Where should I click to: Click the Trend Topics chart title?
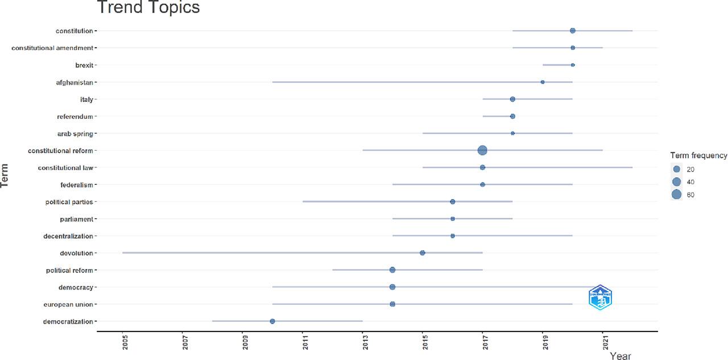pos(148,8)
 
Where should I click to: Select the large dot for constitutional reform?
pos(482,150)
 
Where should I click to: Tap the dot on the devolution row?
pos(422,253)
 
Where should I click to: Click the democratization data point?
pos(272,321)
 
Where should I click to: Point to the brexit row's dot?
pos(573,65)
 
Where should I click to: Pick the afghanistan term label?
pos(74,82)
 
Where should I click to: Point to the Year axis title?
pos(621,355)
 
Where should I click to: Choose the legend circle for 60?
pos(676,195)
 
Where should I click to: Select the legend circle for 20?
pos(676,169)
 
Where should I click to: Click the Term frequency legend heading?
pos(698,155)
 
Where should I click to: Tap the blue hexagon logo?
pos(600,297)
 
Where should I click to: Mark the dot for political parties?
pos(452,201)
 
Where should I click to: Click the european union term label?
pos(68,304)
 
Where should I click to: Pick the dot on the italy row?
pos(512,99)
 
